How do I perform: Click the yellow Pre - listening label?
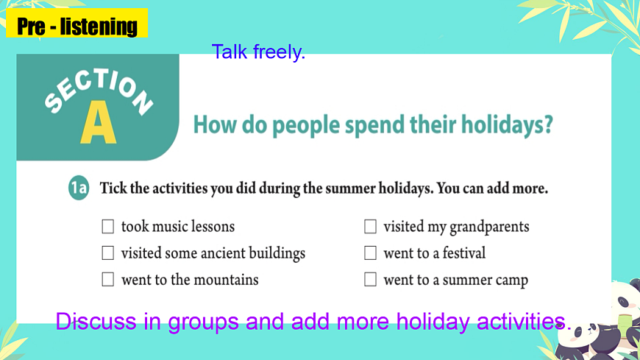point(77,27)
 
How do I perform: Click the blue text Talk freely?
point(257,52)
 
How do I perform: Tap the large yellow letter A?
point(99,123)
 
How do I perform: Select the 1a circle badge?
point(79,188)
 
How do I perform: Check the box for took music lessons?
point(108,226)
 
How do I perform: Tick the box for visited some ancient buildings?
point(108,253)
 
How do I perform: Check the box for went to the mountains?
point(108,280)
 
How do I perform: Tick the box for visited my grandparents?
point(370,226)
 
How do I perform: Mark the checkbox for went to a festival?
point(370,253)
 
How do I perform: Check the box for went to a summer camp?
point(370,280)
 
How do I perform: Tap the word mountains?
point(227,280)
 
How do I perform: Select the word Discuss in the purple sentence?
point(96,322)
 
